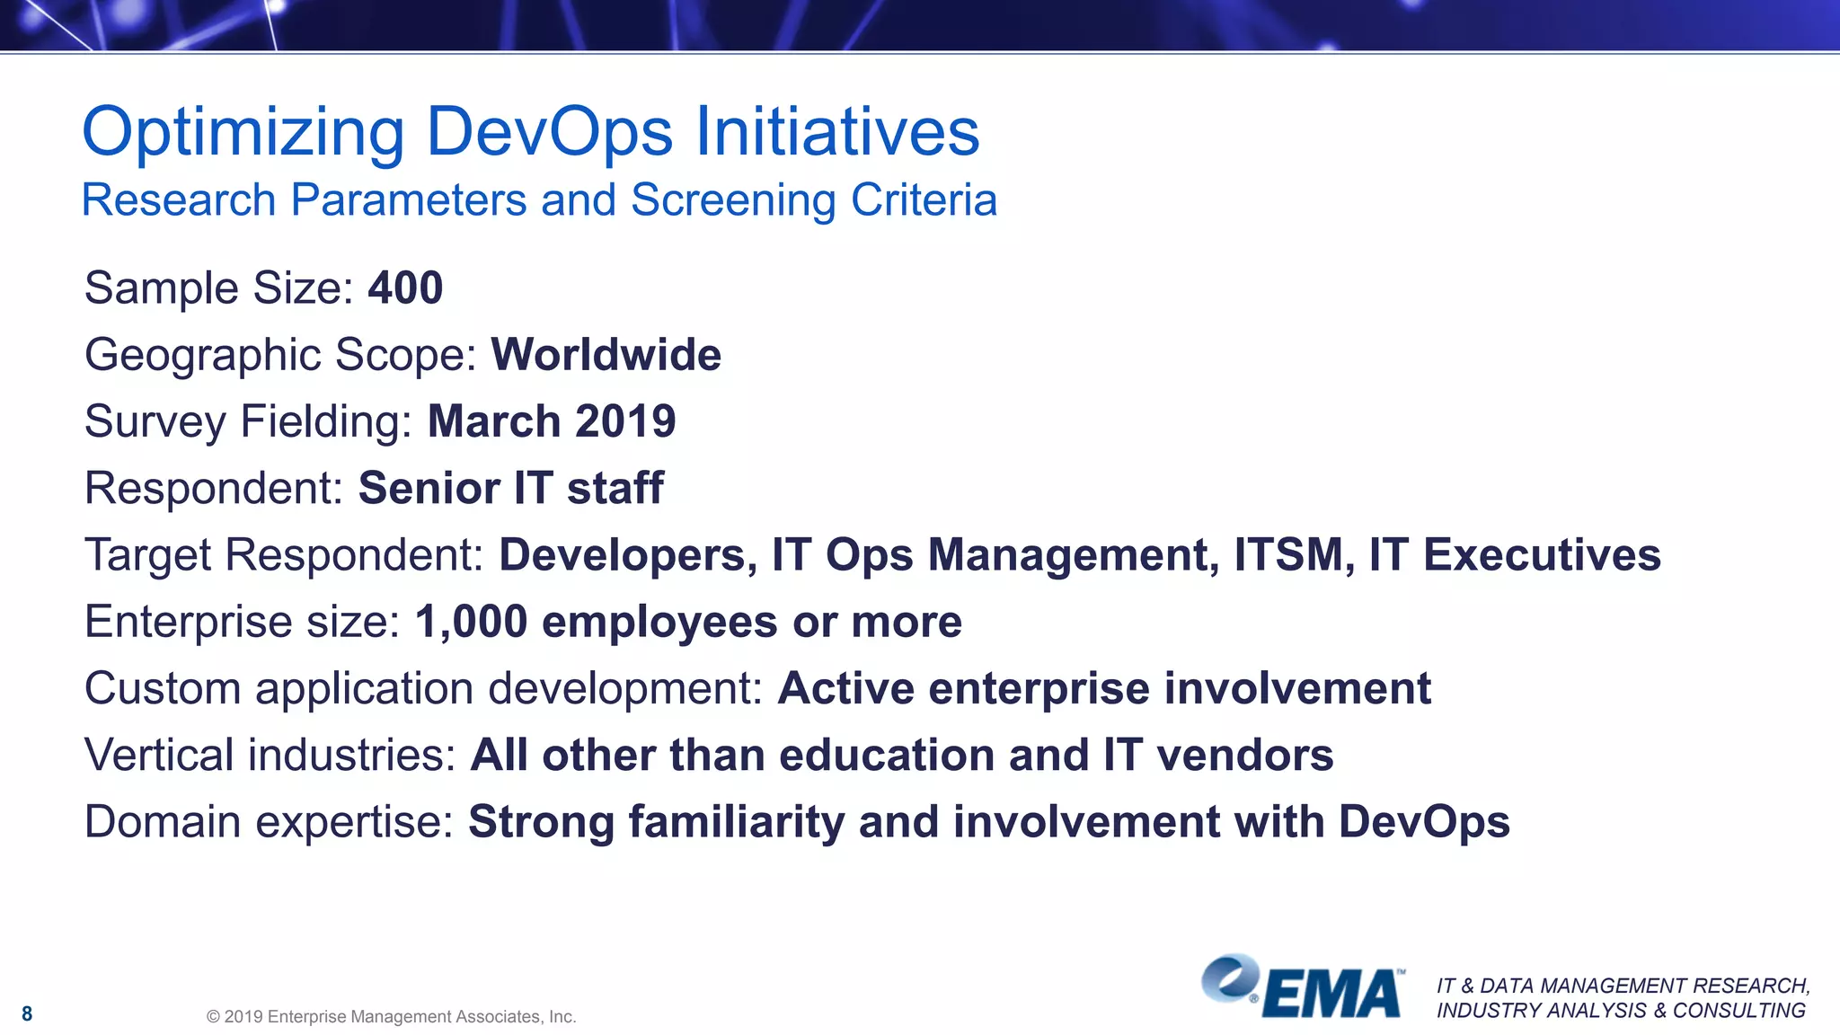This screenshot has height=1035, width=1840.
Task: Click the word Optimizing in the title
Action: [x=243, y=133]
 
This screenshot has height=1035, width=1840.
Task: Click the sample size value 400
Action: [x=405, y=288]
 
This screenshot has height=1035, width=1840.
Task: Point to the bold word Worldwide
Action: [x=606, y=355]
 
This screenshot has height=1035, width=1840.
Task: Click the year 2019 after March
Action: [x=625, y=421]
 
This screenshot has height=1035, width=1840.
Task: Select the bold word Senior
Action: [x=429, y=488]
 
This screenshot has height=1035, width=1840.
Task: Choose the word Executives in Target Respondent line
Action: [x=1542, y=554]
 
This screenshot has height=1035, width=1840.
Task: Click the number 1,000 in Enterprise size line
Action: [x=471, y=622]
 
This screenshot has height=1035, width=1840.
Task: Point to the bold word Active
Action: [x=845, y=688]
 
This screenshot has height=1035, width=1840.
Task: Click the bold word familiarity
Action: [x=736, y=821]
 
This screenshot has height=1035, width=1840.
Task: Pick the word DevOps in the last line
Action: [x=1424, y=821]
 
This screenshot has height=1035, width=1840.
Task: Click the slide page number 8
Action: [x=27, y=1013]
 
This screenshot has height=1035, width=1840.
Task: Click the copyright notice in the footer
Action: [x=391, y=1016]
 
